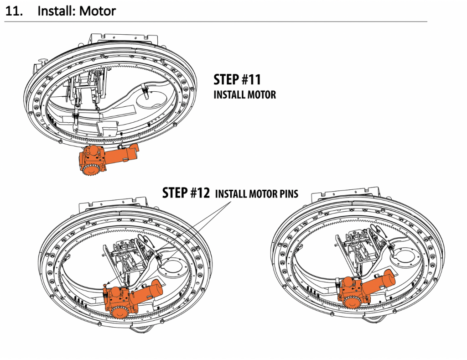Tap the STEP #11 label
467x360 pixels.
click(x=237, y=80)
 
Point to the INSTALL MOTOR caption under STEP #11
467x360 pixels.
click(x=244, y=95)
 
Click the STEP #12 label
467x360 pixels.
click(x=186, y=193)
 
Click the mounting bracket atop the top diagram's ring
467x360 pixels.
click(x=123, y=38)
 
